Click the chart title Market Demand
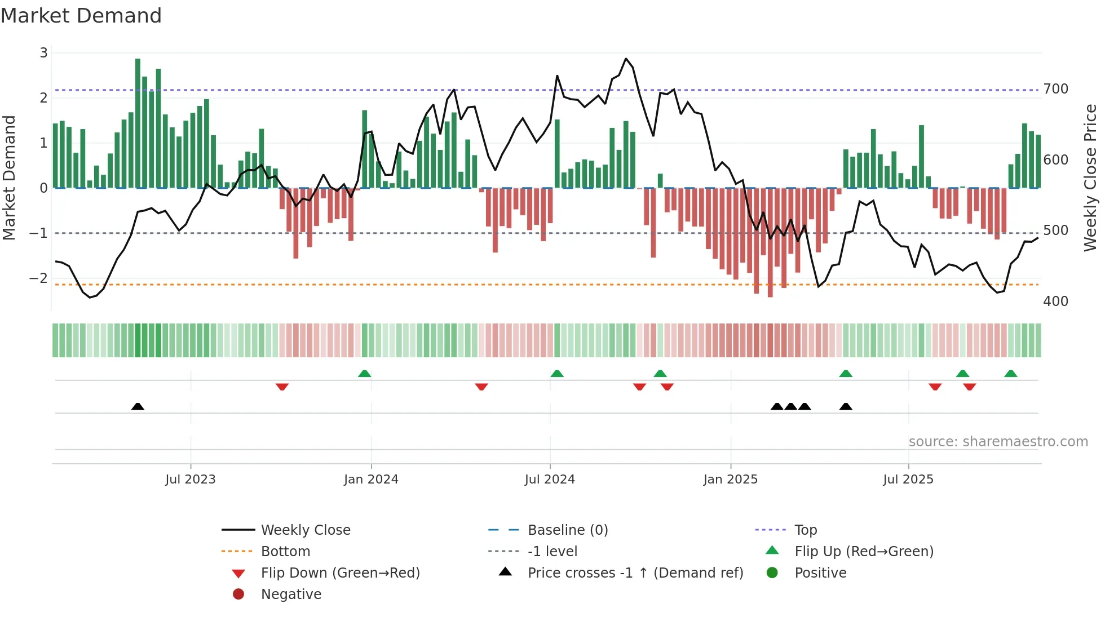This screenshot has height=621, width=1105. [x=81, y=16]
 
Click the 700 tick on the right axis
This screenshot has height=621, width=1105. [x=1055, y=89]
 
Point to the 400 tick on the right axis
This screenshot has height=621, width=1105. [x=1055, y=301]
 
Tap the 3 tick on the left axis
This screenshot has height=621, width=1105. [x=43, y=53]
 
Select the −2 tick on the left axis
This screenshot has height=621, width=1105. [x=39, y=278]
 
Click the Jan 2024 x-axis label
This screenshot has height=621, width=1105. [x=371, y=480]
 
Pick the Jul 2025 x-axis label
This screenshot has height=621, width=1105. [x=908, y=480]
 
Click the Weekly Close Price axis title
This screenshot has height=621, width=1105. [x=1090, y=178]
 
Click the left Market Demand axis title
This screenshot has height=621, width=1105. [x=10, y=178]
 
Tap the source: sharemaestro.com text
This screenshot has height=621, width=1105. [x=998, y=442]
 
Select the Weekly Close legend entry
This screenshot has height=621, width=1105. [x=305, y=530]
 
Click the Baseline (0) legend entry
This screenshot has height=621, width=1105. [x=567, y=530]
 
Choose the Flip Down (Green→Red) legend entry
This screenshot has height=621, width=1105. [x=340, y=573]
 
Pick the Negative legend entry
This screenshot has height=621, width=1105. [x=291, y=595]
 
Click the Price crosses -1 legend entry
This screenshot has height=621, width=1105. [x=635, y=573]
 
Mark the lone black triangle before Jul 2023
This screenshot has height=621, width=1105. [x=138, y=406]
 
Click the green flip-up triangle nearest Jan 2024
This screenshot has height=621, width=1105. [x=365, y=374]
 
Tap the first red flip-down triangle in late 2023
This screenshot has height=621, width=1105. [x=282, y=387]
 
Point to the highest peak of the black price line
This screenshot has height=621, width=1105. [x=626, y=59]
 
